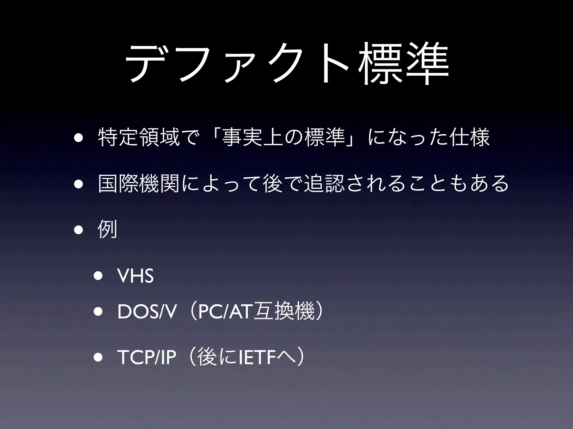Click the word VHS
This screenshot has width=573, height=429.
tap(136, 276)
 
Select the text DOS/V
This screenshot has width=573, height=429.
tap(147, 312)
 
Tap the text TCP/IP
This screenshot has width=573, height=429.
tap(147, 357)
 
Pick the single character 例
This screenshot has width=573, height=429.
tap(107, 229)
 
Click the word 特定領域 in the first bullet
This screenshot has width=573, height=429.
tap(139, 137)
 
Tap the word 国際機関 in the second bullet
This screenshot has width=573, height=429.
tap(139, 183)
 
